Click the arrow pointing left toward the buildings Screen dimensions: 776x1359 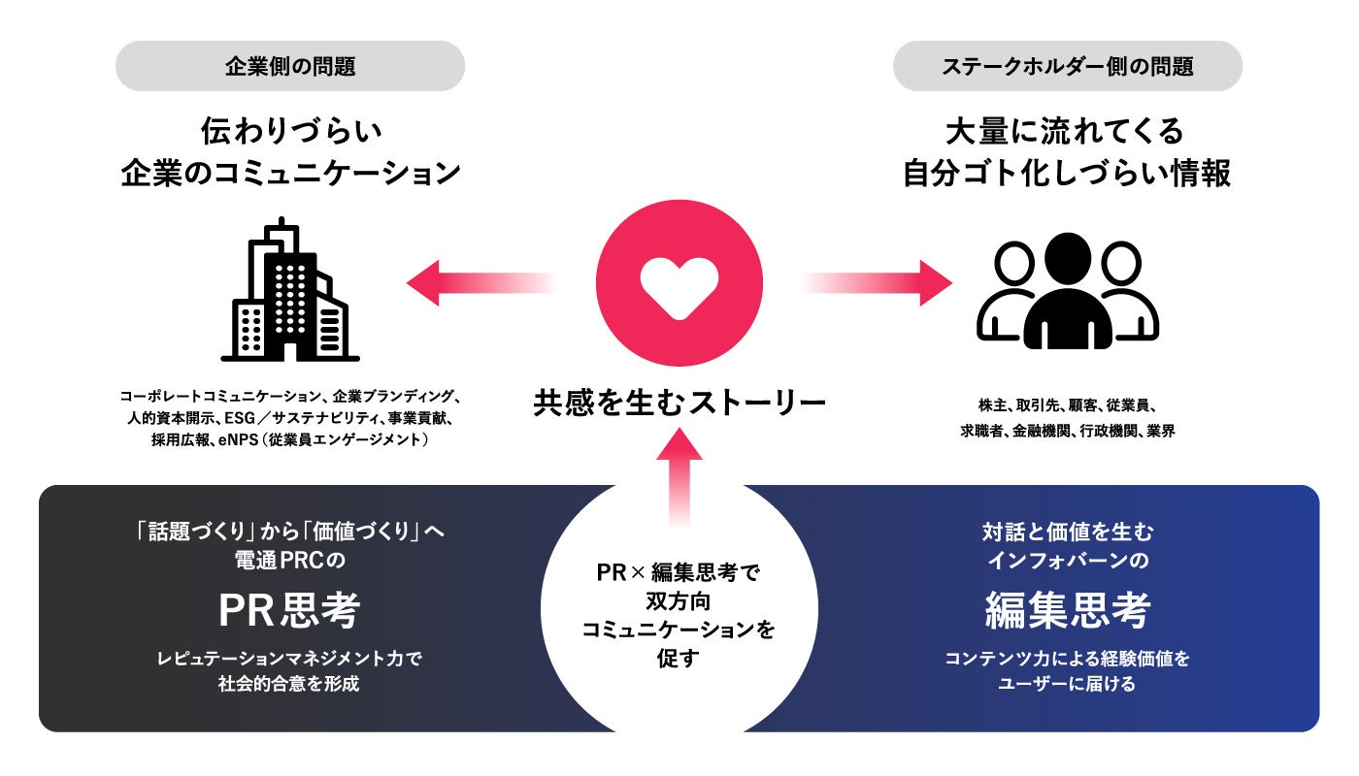pyautogui.click(x=476, y=283)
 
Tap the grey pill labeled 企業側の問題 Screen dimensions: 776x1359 pyautogui.click(x=290, y=66)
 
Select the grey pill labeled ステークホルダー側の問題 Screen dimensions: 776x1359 pyautogui.click(x=1068, y=66)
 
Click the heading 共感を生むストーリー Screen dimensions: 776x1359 pyautogui.click(x=679, y=402)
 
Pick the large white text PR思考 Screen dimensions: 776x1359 pyautogui.click(x=289, y=611)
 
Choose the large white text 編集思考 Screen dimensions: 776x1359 pyautogui.click(x=1068, y=611)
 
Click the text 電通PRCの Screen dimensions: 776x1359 pyautogui.click(x=290, y=561)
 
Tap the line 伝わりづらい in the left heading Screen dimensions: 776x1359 pyautogui.click(x=290, y=129)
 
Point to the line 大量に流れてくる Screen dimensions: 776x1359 pyautogui.click(x=1068, y=129)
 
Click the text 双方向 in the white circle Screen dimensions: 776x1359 pyautogui.click(x=679, y=601)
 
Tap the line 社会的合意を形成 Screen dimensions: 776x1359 pyautogui.click(x=290, y=683)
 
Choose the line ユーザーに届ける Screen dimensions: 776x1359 pyautogui.click(x=1068, y=683)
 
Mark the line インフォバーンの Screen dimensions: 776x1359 pyautogui.click(x=1068, y=561)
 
